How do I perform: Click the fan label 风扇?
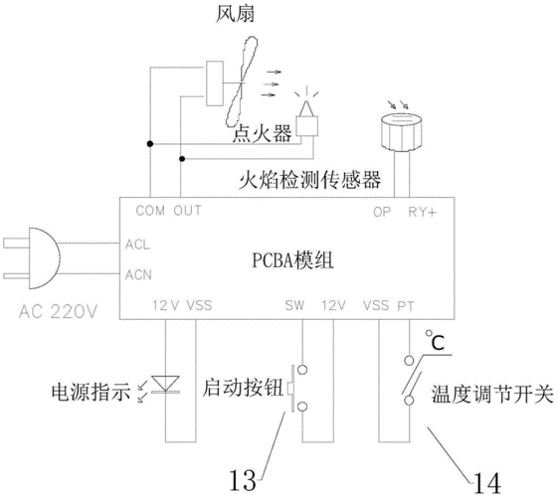click(x=237, y=17)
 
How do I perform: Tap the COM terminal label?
click(x=149, y=211)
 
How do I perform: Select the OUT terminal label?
click(x=187, y=211)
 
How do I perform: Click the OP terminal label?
click(x=382, y=212)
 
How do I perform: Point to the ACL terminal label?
click(x=138, y=244)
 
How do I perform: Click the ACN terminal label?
click(x=138, y=273)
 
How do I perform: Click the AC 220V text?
click(x=59, y=312)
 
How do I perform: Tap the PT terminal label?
click(x=405, y=306)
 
